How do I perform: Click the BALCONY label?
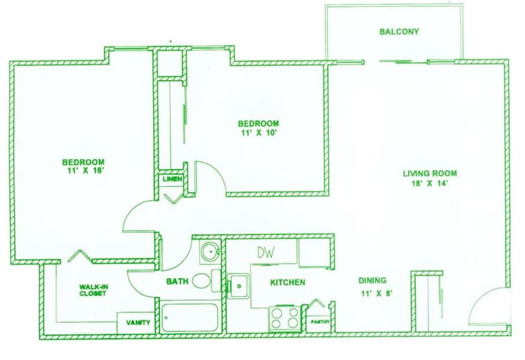399,32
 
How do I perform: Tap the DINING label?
373,281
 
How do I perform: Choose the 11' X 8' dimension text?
373,292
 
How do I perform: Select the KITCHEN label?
288,283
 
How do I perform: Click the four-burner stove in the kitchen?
284,318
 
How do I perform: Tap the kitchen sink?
239,286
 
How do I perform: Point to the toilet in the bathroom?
202,281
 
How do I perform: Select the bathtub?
190,318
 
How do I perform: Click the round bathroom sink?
209,252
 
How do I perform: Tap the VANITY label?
138,322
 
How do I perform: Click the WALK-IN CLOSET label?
93,290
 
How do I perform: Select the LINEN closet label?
172,179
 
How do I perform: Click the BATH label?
177,281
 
